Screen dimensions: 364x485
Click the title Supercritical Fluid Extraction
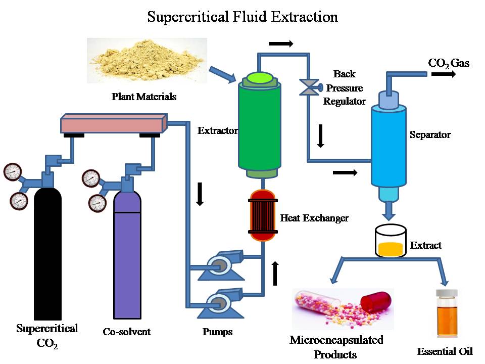pyautogui.click(x=243, y=17)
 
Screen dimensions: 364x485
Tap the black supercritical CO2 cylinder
pyautogui.click(x=47, y=253)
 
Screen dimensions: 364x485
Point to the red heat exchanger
pyautogui.click(x=263, y=215)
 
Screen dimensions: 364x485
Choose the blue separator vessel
pyautogui.click(x=389, y=147)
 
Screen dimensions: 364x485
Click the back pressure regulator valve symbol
pyautogui.click(x=308, y=86)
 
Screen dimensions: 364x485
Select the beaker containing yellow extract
pyautogui.click(x=391, y=242)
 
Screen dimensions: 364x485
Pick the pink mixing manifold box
pyautogui.click(x=114, y=123)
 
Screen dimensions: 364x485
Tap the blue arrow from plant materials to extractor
pyautogui.click(x=222, y=74)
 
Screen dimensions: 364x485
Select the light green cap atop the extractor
pyautogui.click(x=259, y=77)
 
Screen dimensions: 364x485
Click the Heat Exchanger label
pyautogui.click(x=314, y=218)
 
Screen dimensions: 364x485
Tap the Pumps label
pyautogui.click(x=217, y=332)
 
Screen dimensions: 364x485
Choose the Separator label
pyautogui.click(x=430, y=135)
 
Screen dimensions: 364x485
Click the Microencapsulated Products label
pyautogui.click(x=336, y=346)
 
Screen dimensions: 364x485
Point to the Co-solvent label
pyautogui.click(x=126, y=332)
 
